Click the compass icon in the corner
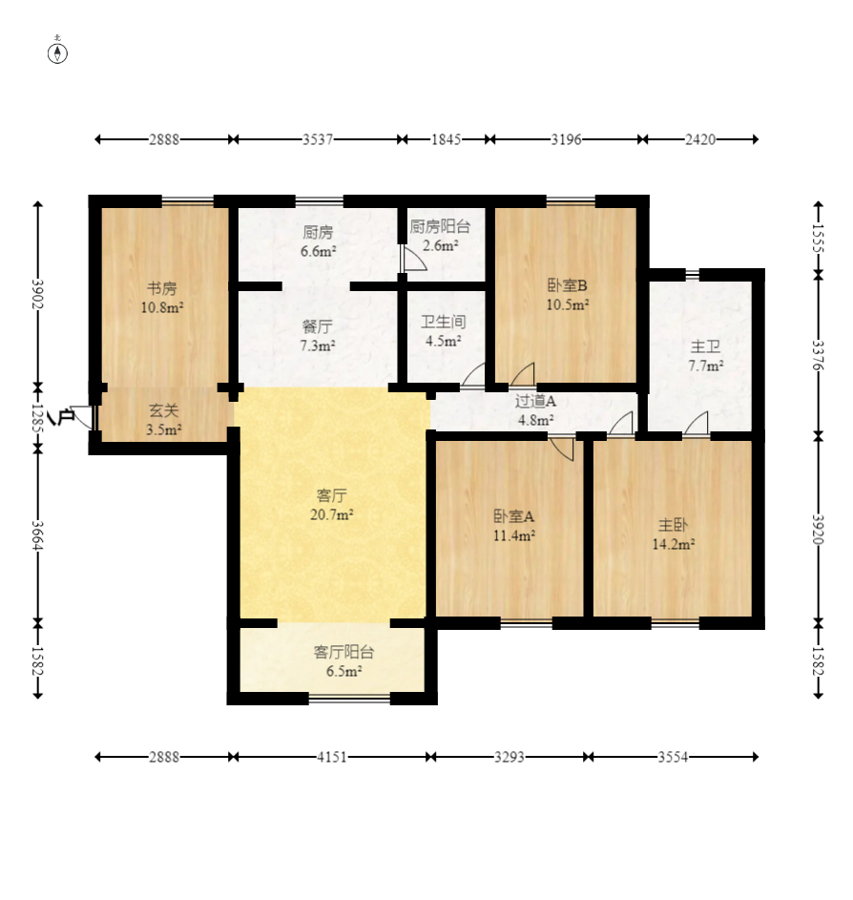(57, 52)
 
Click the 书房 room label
(162, 287)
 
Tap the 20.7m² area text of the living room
(331, 514)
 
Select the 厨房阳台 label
(440, 227)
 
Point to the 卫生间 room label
(443, 322)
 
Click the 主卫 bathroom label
(705, 346)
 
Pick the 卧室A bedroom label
(514, 516)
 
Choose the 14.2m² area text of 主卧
(674, 544)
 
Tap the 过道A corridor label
(535, 401)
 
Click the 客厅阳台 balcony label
(343, 652)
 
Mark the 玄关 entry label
(164, 410)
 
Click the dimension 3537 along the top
(318, 139)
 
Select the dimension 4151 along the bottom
(332, 757)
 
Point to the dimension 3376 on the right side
(819, 355)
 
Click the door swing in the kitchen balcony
(414, 259)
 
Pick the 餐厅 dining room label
(317, 326)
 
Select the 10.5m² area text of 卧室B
(568, 304)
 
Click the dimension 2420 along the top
(700, 139)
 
